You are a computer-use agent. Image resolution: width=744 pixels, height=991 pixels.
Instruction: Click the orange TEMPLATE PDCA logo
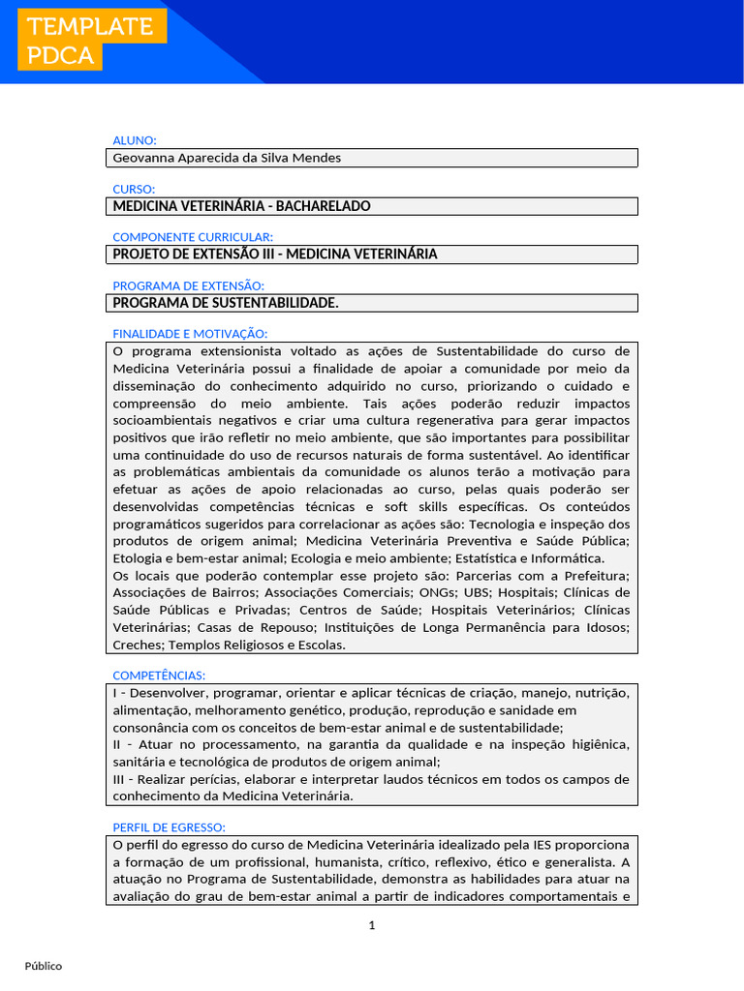[x=90, y=41]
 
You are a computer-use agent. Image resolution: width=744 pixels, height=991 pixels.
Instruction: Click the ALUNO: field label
[x=135, y=140]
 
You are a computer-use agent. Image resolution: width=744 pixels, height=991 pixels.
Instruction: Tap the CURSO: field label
[x=134, y=189]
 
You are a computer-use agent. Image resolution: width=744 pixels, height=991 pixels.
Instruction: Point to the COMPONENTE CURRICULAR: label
[x=193, y=237]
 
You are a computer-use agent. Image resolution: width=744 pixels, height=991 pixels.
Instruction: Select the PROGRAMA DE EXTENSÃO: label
[x=188, y=285]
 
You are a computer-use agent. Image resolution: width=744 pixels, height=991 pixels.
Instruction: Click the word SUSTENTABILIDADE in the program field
[x=278, y=303]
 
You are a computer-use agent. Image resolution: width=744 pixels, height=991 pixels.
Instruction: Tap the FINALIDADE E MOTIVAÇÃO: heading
[x=190, y=334]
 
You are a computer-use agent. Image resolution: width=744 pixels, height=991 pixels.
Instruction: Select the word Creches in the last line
[x=137, y=646]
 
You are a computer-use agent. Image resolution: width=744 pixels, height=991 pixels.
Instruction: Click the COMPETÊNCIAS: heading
[x=159, y=676]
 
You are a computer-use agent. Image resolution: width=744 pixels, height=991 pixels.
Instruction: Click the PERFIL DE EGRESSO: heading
[x=170, y=827]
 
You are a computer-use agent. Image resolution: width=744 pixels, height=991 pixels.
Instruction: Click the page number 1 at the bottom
[x=372, y=926]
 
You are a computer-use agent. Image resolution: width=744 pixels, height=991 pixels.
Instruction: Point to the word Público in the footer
[x=44, y=966]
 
